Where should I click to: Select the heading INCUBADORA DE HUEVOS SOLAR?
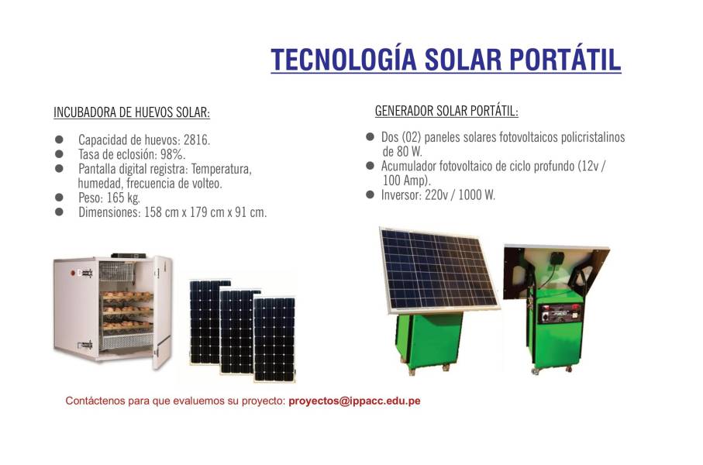(132, 112)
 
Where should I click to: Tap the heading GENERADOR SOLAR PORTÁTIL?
(446, 111)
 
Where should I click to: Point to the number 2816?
(197, 140)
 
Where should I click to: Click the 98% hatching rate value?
(173, 154)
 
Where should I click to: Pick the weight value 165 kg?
(123, 198)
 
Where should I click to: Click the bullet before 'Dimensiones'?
(59, 212)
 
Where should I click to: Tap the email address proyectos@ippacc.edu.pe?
(355, 401)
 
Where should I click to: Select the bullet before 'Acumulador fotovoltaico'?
(370, 166)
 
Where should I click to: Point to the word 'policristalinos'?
(593, 137)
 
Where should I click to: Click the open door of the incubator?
(163, 312)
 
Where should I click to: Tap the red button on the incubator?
(72, 272)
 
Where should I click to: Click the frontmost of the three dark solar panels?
(274, 339)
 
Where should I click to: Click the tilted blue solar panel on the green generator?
(438, 269)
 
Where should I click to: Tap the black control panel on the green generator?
(560, 313)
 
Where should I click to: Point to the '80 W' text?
(409, 152)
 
